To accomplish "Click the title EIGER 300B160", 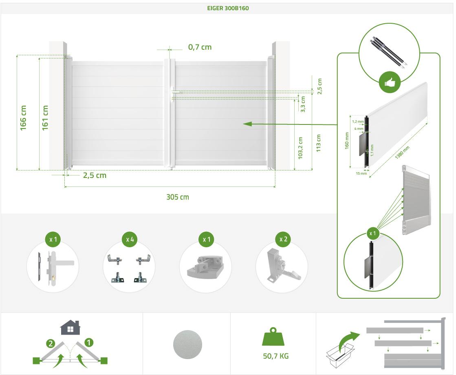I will (x=228, y=8).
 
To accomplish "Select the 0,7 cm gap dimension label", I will (x=200, y=47).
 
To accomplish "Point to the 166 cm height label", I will (x=23, y=118).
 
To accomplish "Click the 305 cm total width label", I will (x=178, y=197).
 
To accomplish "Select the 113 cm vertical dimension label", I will (x=318, y=143).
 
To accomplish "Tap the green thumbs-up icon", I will (x=389, y=82).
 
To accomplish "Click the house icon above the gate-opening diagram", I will (x=70, y=327).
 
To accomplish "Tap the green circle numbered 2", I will (x=51, y=344).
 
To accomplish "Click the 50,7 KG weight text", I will (x=276, y=356).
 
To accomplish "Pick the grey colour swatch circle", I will (x=187, y=343).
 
